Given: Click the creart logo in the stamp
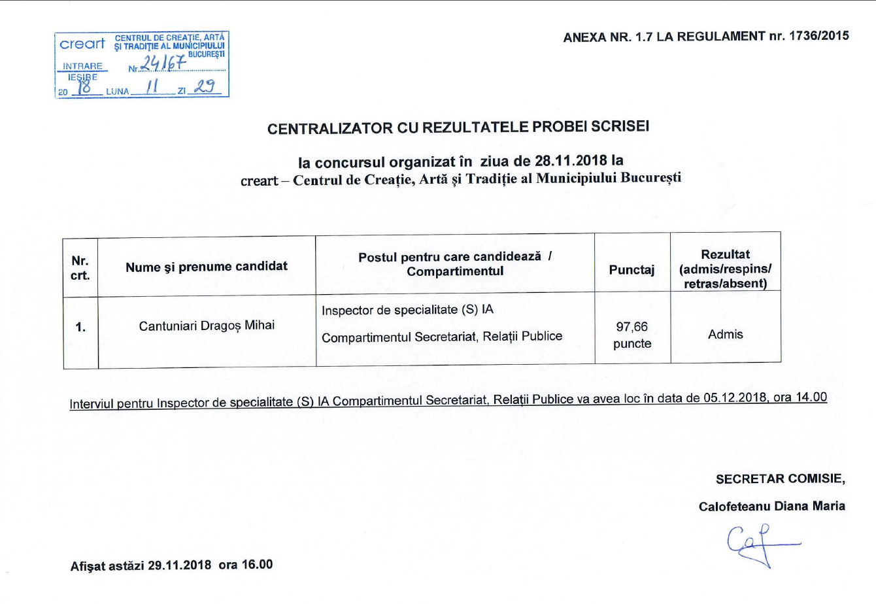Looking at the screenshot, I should click(82, 44).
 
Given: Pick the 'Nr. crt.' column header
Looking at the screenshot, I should click(80, 268).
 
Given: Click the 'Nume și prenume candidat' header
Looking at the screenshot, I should click(207, 266).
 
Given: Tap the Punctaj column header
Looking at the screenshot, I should click(632, 269).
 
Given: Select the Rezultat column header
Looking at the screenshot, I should click(725, 269).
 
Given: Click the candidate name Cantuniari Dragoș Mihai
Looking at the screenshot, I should click(207, 326).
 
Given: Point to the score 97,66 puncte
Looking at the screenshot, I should click(632, 335).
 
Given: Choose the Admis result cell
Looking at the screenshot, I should click(725, 335).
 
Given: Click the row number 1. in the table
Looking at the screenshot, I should click(80, 327).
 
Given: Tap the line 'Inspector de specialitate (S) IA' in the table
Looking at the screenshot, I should click(407, 310).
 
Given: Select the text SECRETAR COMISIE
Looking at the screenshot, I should click(779, 479).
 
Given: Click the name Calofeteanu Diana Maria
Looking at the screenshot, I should click(771, 507).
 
